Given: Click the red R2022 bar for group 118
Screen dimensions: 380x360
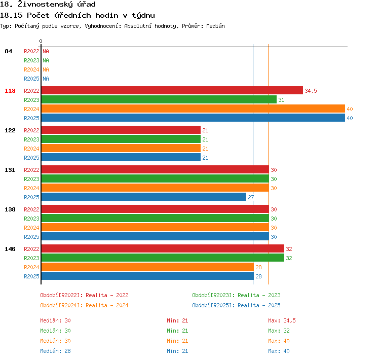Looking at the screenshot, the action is click(x=172, y=90).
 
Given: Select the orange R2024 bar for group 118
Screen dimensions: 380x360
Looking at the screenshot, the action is click(x=193, y=109).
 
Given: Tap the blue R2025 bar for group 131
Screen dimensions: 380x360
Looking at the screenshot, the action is click(x=144, y=197).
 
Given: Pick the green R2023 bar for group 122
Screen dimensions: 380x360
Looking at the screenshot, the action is click(x=121, y=139).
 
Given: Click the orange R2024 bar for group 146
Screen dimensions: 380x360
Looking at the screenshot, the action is click(x=147, y=267).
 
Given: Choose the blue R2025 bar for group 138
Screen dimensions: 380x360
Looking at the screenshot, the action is click(x=155, y=236).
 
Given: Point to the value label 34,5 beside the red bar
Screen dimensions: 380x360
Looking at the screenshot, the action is click(x=311, y=91).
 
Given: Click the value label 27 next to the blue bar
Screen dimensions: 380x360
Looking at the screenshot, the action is click(x=251, y=197).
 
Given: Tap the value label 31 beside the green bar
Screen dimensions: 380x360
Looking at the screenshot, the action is click(x=281, y=100).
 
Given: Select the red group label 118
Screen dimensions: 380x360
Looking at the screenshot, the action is click(x=10, y=91).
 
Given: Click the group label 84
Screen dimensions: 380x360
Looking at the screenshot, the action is click(x=8, y=51).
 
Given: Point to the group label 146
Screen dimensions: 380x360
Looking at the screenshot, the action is click(x=10, y=249).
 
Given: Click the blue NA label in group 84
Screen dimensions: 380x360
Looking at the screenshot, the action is click(x=46, y=79).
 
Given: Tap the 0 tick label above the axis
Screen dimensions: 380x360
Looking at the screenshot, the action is click(x=41, y=41).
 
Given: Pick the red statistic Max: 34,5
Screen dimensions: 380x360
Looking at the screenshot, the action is click(x=282, y=320).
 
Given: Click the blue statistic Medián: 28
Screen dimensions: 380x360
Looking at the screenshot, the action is click(x=56, y=351).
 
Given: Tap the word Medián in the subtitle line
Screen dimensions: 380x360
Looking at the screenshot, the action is click(x=215, y=26).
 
